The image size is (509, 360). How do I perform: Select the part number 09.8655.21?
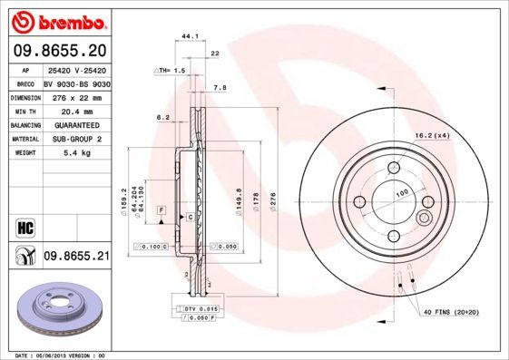[76, 258]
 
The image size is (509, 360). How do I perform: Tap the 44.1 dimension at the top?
[190, 37]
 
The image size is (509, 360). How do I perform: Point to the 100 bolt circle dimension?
[401, 193]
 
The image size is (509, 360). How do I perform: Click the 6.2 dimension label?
[163, 117]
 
